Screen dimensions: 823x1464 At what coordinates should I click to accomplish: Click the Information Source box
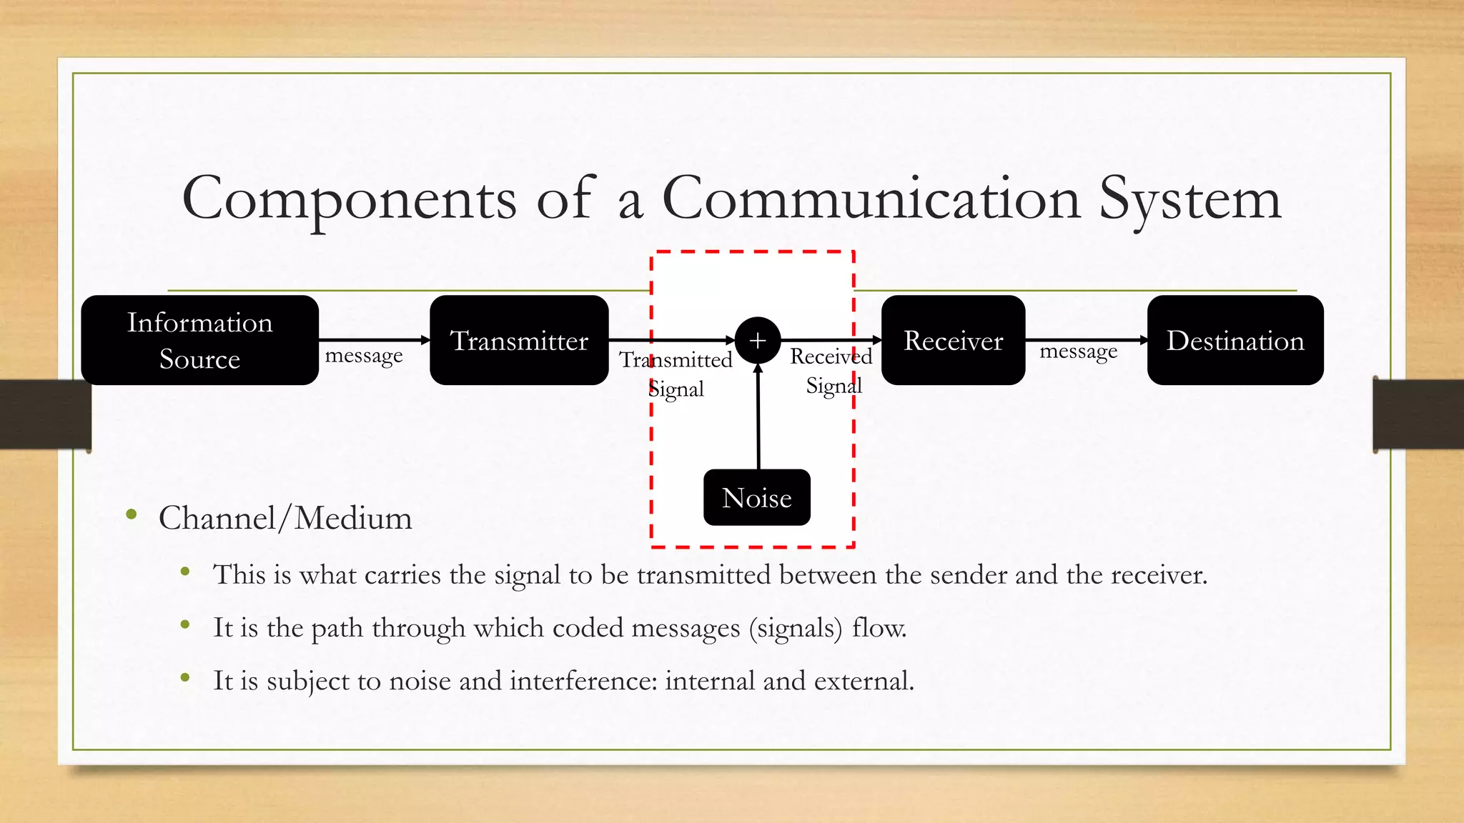tap(199, 340)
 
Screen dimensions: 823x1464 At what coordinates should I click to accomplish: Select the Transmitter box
tap(519, 340)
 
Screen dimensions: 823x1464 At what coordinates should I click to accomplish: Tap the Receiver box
tap(953, 340)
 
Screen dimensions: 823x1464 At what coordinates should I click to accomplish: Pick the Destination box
tap(1235, 340)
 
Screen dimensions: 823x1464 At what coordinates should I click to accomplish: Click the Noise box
tap(756, 497)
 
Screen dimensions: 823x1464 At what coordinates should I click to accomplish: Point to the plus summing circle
tap(757, 340)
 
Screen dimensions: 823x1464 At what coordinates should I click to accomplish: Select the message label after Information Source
tap(364, 355)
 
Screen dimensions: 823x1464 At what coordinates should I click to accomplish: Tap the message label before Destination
tap(1078, 351)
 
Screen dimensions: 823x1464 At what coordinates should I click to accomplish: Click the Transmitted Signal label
tap(676, 374)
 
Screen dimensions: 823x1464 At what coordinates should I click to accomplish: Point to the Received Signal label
tap(832, 371)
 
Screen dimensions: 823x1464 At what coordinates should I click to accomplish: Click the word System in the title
tap(1189, 199)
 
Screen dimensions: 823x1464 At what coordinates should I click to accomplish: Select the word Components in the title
tap(349, 199)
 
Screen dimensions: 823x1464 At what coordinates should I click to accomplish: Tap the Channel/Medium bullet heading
tap(285, 518)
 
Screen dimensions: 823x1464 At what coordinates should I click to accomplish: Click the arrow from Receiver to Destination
tap(1086, 340)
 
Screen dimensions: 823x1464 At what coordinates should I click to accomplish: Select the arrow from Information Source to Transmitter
tap(374, 340)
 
